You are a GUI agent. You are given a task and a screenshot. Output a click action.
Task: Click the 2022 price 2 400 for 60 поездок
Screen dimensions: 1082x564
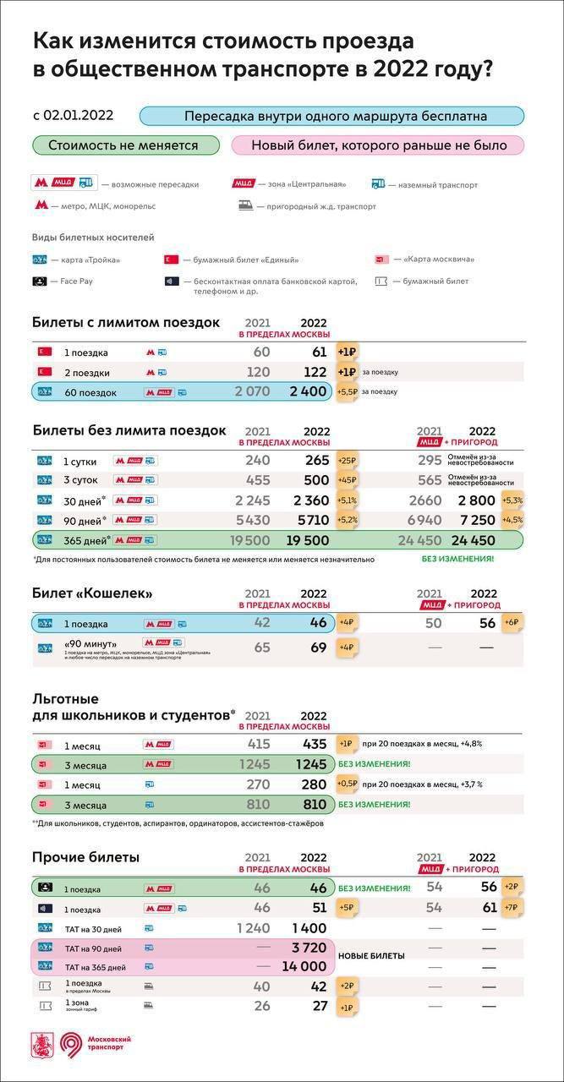pyautogui.click(x=307, y=392)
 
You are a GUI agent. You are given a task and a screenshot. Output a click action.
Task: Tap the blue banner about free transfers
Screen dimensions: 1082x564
pyautogui.click(x=331, y=116)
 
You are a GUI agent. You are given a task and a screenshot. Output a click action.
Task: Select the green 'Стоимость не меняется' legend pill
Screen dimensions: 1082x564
pyautogui.click(x=123, y=145)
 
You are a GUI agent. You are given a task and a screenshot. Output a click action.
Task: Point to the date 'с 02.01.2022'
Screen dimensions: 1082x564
pyautogui.click(x=74, y=116)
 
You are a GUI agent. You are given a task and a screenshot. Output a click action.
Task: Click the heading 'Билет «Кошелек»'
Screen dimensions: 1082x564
pyautogui.click(x=92, y=593)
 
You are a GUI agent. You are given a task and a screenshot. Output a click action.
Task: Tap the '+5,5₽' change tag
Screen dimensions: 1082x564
pyautogui.click(x=347, y=392)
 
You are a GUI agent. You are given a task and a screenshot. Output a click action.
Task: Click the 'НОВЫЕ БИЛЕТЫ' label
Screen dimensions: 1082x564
pyautogui.click(x=371, y=955)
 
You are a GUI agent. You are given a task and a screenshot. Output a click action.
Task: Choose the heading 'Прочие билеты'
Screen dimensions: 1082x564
pyautogui.click(x=85, y=857)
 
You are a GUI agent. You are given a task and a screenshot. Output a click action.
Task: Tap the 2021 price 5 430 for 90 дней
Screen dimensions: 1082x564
pyautogui.click(x=251, y=520)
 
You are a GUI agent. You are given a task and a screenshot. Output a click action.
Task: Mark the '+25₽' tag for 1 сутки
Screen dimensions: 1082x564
pyautogui.click(x=347, y=461)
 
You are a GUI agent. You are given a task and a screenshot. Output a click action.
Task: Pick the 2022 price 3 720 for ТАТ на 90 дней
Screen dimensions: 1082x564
pyautogui.click(x=308, y=948)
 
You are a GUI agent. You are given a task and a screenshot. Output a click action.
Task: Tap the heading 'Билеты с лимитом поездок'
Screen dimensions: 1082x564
pyautogui.click(x=126, y=322)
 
